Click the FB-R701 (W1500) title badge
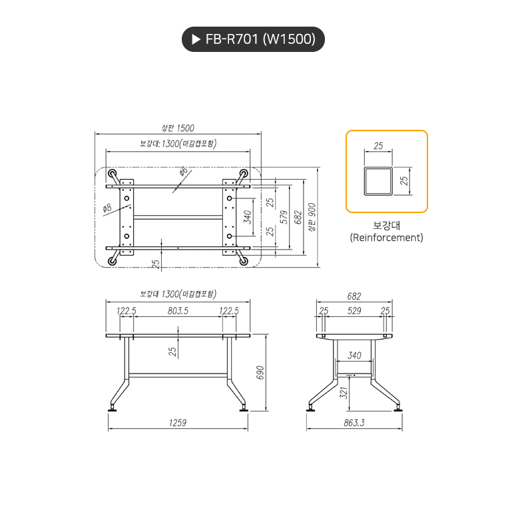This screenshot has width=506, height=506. (x=253, y=39)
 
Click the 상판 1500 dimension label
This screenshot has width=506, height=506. (x=178, y=128)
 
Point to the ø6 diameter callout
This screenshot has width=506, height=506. (x=184, y=172)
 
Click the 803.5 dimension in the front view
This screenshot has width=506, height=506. (x=178, y=311)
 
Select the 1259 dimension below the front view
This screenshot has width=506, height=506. (x=177, y=422)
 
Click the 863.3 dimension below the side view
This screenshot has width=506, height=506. (x=354, y=422)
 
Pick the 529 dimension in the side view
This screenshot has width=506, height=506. (x=354, y=311)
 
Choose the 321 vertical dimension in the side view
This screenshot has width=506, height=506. (x=344, y=393)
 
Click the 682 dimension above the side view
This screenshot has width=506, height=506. (x=354, y=296)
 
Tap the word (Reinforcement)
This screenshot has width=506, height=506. (x=386, y=238)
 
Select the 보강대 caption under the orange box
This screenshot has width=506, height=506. (x=386, y=225)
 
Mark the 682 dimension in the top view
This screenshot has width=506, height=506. (x=298, y=217)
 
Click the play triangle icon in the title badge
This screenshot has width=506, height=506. (x=196, y=39)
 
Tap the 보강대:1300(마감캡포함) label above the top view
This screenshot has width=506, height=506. (x=178, y=143)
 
